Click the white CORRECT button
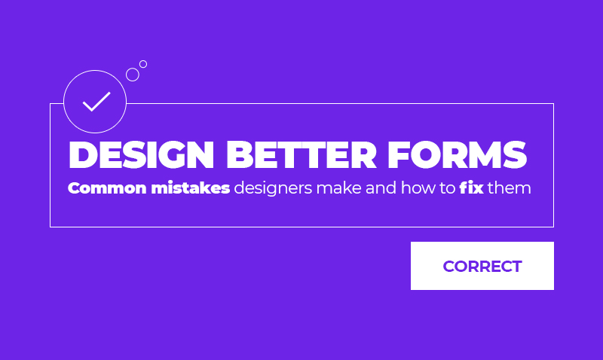click(482, 266)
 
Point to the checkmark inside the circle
click(96, 101)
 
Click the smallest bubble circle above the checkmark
click(143, 64)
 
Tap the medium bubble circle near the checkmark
click(133, 75)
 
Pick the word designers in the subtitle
click(273, 189)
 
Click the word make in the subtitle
click(339, 188)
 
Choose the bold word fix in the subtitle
click(471, 188)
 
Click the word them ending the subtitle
click(510, 188)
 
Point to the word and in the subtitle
click(381, 188)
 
